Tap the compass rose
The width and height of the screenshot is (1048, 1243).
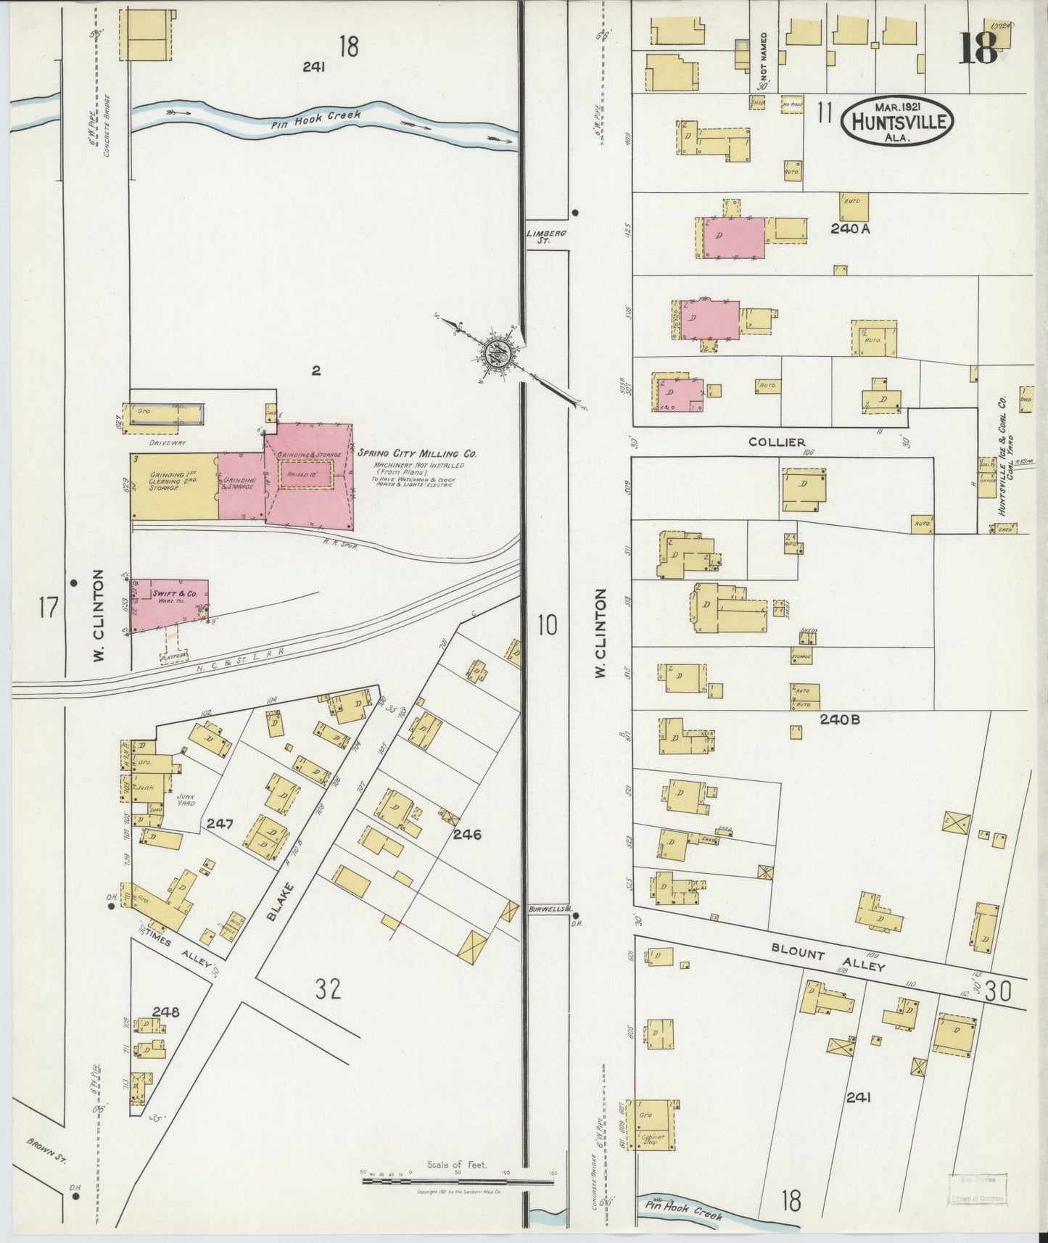tap(498, 354)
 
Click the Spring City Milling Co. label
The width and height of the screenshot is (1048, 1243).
tap(416, 453)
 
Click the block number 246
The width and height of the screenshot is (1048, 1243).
tap(467, 835)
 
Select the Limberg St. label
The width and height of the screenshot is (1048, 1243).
tap(546, 236)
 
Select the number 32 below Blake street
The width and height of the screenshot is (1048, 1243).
tap(328, 989)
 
